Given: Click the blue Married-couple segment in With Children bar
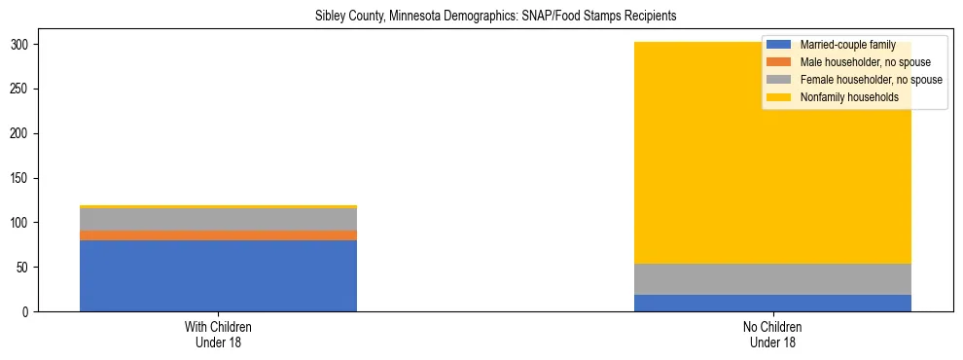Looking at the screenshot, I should [218, 275].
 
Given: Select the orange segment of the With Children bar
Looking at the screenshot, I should [218, 235].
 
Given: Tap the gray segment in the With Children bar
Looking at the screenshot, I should [218, 219].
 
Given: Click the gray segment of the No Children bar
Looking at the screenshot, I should [772, 279].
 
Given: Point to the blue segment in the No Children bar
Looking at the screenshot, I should [772, 303].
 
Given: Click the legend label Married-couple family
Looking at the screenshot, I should [847, 45].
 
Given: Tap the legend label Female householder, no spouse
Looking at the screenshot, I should [871, 80].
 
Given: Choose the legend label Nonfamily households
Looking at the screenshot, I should [849, 97].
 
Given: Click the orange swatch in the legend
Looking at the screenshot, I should [779, 62].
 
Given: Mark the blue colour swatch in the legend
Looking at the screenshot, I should [779, 45].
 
